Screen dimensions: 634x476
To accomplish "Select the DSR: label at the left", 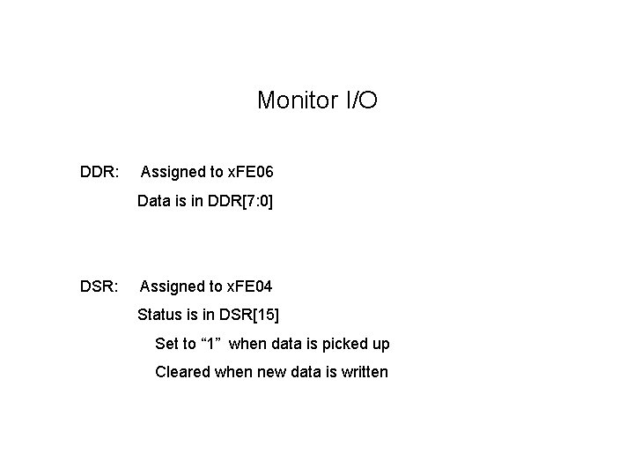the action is click(98, 286).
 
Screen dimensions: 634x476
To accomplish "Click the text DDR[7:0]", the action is click(240, 202).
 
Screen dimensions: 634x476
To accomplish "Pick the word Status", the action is click(159, 315).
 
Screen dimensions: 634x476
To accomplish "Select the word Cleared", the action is click(183, 372).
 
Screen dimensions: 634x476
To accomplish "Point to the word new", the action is click(271, 372).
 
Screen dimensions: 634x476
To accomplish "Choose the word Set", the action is click(166, 344).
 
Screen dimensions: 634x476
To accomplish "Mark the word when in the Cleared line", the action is click(233, 372).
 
